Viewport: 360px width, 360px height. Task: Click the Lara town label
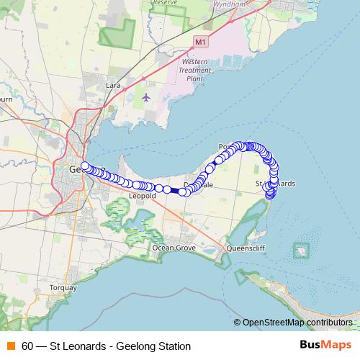pos(113,85)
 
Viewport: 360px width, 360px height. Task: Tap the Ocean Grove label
pos(174,248)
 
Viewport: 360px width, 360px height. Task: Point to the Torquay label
pos(62,287)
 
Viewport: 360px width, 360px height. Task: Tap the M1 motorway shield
pos(200,42)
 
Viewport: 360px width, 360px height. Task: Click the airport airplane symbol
pos(147,96)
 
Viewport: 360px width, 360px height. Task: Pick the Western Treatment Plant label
pos(194,71)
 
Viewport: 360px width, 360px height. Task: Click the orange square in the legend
pos(11,346)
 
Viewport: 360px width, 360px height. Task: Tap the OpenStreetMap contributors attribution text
pos(298,322)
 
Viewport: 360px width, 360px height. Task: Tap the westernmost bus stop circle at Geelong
pos(85,167)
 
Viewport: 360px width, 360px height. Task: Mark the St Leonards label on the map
pos(276,184)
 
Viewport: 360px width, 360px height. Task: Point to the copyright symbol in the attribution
pos(238,322)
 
